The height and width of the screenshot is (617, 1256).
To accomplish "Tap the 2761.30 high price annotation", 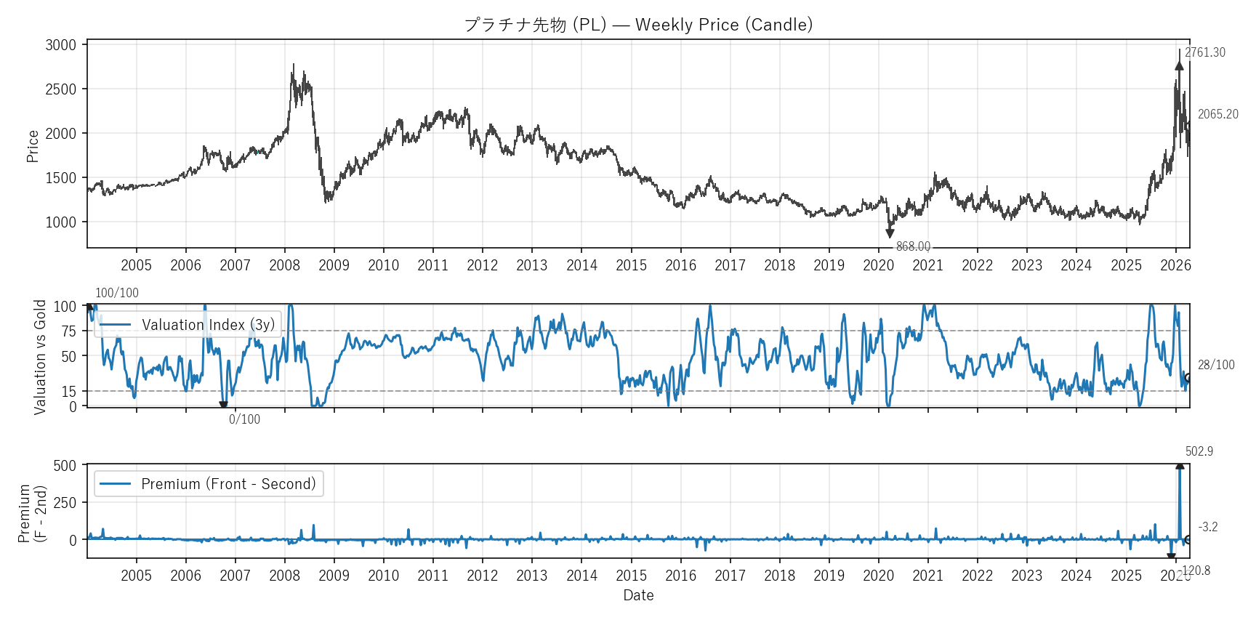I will tap(1204, 52).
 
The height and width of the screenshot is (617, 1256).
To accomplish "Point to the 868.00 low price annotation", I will tap(913, 246).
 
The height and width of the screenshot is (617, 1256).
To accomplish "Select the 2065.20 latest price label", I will tap(1217, 114).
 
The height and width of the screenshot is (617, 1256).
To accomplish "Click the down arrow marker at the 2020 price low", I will tap(890, 233).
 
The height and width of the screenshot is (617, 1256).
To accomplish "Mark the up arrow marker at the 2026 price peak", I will tap(1179, 65).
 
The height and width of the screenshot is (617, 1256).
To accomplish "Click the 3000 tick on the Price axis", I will tap(61, 45).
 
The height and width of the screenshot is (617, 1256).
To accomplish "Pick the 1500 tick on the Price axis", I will tap(61, 178).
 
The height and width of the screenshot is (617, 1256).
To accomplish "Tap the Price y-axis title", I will tap(33, 146).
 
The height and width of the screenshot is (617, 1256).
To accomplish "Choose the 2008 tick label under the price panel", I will tap(284, 265).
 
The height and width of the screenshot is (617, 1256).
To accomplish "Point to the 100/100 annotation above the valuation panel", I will tap(117, 293).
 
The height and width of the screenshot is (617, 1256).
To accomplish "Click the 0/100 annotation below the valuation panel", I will tap(244, 419).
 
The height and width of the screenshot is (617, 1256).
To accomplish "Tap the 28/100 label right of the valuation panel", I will tap(1216, 365).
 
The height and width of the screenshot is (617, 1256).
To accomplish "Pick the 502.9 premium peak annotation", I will tap(1199, 451).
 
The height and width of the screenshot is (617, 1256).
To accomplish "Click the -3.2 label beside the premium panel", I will tap(1207, 527).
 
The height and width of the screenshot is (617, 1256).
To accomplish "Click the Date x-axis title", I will tap(638, 595).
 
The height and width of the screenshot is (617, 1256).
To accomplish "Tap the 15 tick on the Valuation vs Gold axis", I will tap(68, 392).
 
